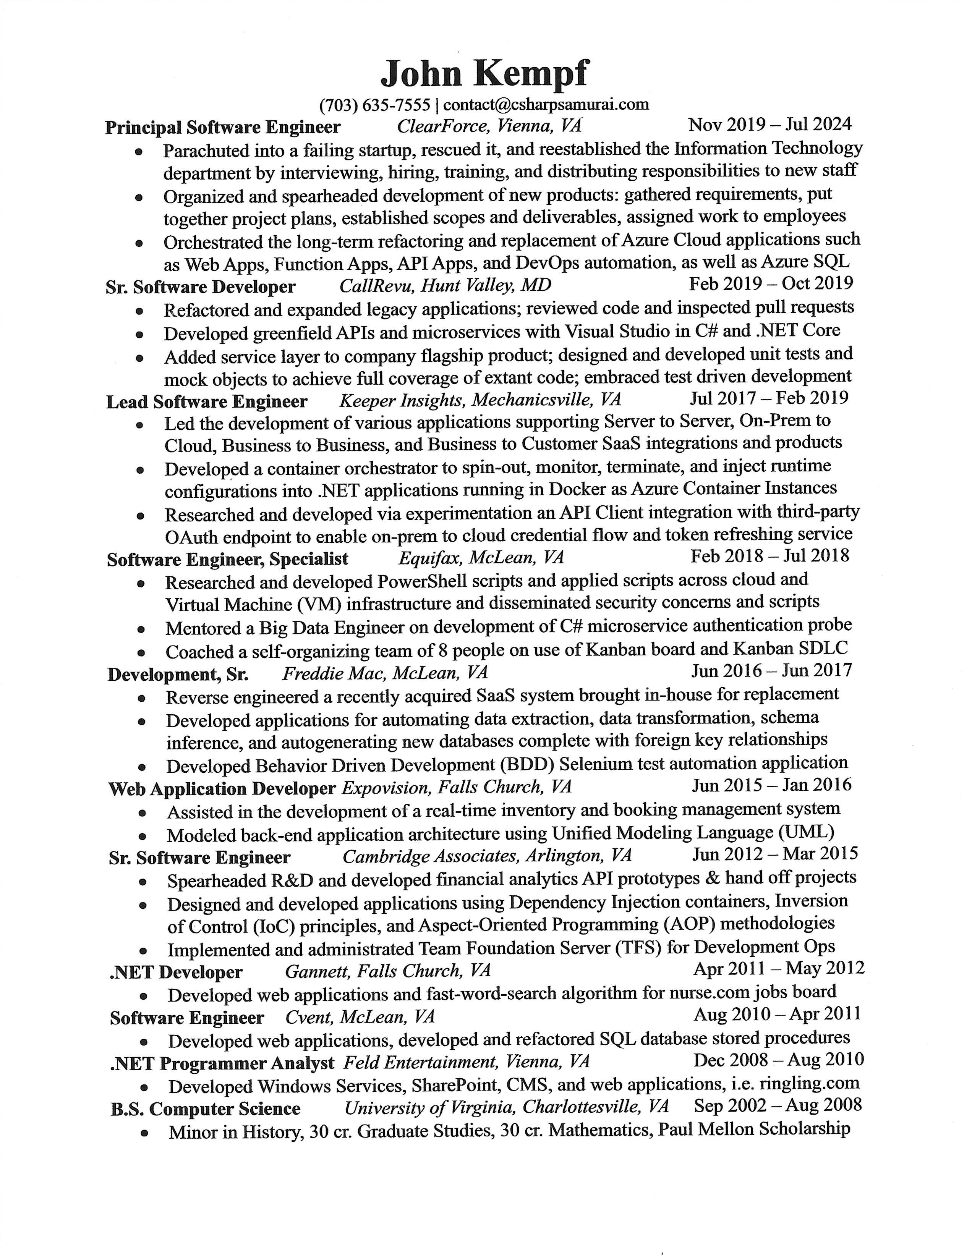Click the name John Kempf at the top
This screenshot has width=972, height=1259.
[x=485, y=74]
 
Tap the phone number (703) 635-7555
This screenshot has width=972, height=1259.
[x=375, y=105]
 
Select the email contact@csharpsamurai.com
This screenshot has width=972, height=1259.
[x=546, y=104]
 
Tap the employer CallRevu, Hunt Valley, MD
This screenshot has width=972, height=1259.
[x=445, y=285]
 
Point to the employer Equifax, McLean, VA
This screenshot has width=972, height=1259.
[x=481, y=557]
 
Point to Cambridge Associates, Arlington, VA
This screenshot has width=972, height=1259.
[x=487, y=856]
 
